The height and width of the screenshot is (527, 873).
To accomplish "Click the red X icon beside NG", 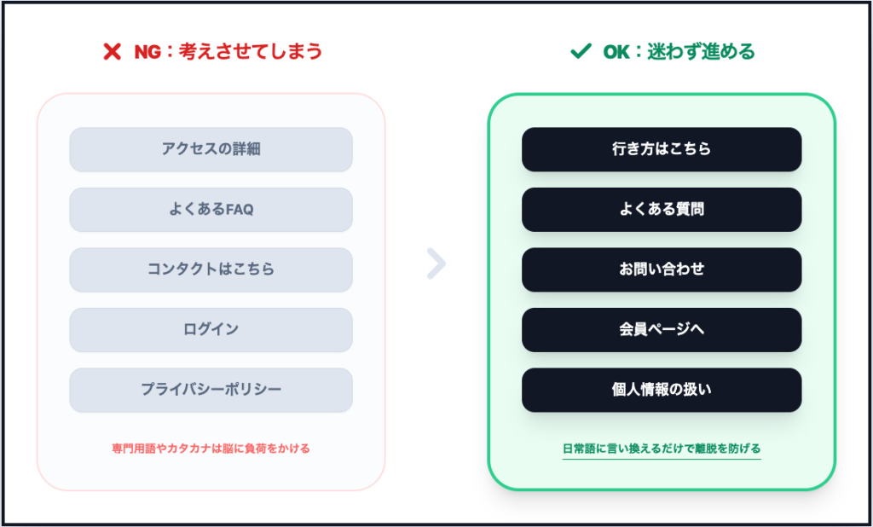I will (x=112, y=52).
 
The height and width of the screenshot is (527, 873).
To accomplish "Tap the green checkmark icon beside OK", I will (x=581, y=52).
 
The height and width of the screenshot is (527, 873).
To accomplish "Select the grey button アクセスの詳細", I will (x=211, y=149).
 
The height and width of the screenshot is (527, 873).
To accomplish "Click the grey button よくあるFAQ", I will (x=211, y=209).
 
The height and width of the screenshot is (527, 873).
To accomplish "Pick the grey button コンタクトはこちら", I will (x=211, y=269).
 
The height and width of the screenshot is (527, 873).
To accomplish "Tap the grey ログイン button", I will (x=211, y=329).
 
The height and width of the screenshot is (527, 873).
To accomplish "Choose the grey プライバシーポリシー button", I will (x=211, y=390).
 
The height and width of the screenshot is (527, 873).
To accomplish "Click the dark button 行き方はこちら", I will (x=662, y=149).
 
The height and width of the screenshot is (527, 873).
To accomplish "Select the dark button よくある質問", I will (x=662, y=209).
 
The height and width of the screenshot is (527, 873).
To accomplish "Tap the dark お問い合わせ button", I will (x=662, y=269).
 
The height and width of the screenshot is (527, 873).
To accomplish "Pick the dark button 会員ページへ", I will (x=662, y=329).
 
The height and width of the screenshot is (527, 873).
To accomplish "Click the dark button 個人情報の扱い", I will (x=662, y=390).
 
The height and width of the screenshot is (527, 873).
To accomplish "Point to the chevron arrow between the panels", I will (x=436, y=264).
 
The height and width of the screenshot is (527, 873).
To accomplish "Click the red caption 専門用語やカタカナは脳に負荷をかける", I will (x=211, y=449).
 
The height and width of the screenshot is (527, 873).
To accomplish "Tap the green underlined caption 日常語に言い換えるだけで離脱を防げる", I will (x=662, y=449).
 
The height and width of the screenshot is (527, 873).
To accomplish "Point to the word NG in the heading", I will (x=148, y=52).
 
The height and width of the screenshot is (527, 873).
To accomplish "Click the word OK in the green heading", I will (x=616, y=52).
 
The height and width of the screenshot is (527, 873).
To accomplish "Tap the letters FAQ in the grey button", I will (x=240, y=209).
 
